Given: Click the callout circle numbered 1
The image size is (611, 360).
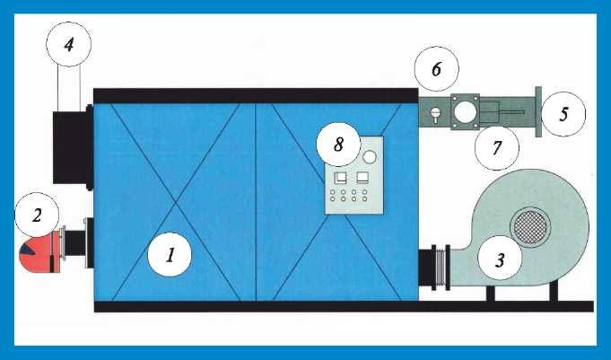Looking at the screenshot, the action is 170,255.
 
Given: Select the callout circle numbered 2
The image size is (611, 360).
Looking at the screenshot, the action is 37,215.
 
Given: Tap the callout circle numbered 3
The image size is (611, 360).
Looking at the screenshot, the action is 500,258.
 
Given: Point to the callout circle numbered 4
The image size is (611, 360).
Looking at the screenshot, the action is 68,45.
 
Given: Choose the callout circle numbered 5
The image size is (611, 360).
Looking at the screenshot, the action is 563,114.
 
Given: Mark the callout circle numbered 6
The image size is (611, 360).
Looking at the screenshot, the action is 436,69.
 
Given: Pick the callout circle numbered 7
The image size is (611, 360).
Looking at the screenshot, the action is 497,148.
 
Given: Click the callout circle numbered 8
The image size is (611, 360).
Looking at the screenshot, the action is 338,145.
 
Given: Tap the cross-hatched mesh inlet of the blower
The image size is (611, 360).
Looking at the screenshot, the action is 530,227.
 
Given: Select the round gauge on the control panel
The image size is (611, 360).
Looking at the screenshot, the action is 369,157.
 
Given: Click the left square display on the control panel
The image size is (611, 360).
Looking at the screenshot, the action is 340,178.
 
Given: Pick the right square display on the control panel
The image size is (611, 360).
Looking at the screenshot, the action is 362,178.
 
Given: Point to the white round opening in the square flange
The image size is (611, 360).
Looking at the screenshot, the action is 465,112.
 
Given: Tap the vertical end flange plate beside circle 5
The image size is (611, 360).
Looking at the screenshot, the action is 538,111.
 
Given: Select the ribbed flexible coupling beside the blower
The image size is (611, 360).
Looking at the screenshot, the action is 441,268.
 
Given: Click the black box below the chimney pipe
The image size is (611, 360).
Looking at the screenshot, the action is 73,147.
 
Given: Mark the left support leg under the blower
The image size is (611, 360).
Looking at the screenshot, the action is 490,293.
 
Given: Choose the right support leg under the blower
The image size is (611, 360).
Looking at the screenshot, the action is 554,292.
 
